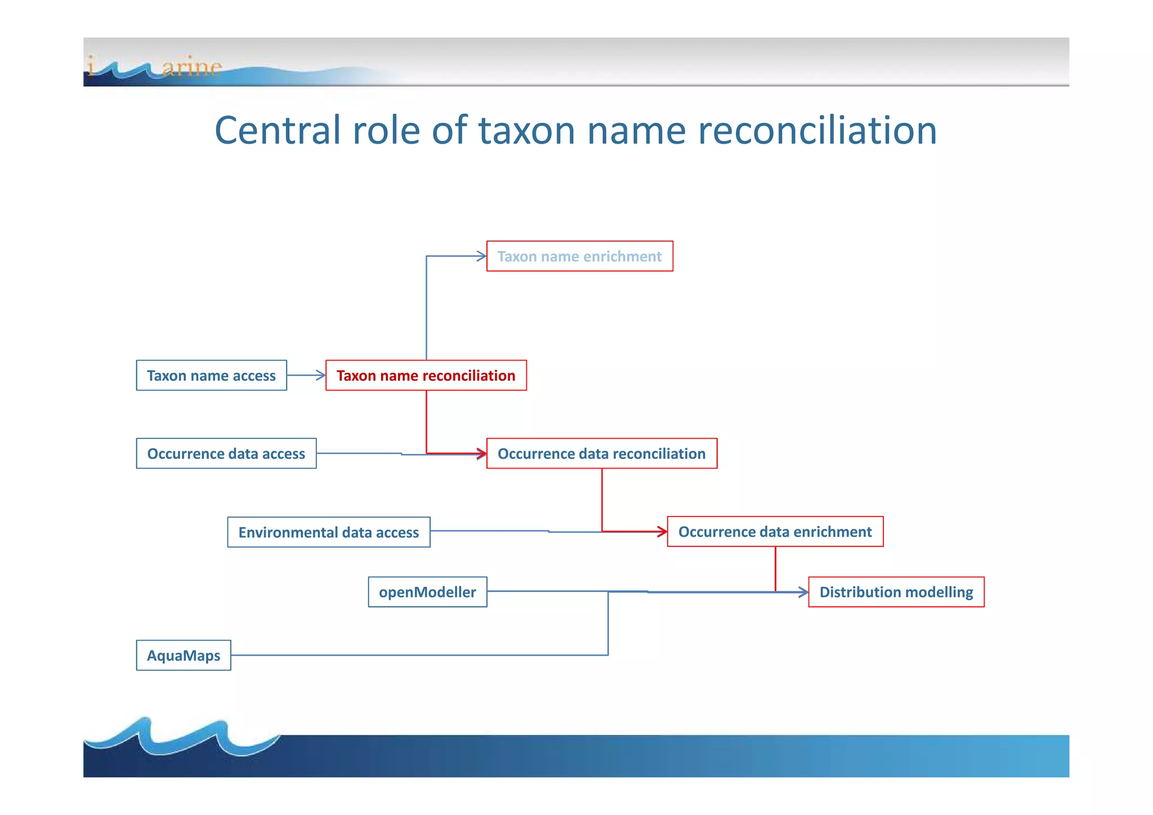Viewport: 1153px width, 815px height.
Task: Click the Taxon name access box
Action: [x=211, y=376]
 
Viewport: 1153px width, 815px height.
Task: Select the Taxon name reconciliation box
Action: [x=426, y=376]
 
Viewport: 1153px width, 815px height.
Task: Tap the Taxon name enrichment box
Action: [x=579, y=256]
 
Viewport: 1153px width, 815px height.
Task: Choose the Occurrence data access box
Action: [x=226, y=453]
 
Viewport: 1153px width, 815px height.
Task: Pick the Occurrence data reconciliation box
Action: [x=601, y=453]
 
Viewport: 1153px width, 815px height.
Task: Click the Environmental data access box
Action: [x=328, y=532]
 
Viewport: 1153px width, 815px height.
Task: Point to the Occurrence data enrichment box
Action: [x=775, y=532]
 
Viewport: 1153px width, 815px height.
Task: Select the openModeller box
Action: [x=427, y=592]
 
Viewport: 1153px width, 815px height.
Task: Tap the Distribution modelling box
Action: [x=896, y=592]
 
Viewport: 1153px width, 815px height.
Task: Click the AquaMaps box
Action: [x=184, y=656]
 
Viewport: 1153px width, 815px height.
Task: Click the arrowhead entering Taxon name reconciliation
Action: [x=321, y=375]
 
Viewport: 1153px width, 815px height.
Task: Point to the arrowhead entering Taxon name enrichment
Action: [x=481, y=256]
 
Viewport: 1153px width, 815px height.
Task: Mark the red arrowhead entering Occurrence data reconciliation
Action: [x=482, y=453]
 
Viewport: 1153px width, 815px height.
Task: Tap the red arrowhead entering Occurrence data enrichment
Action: [x=663, y=531]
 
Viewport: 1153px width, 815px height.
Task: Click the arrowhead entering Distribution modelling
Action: [x=803, y=592]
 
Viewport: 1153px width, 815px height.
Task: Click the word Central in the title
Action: [x=278, y=130]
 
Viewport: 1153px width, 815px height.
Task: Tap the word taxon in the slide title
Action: [x=527, y=130]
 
